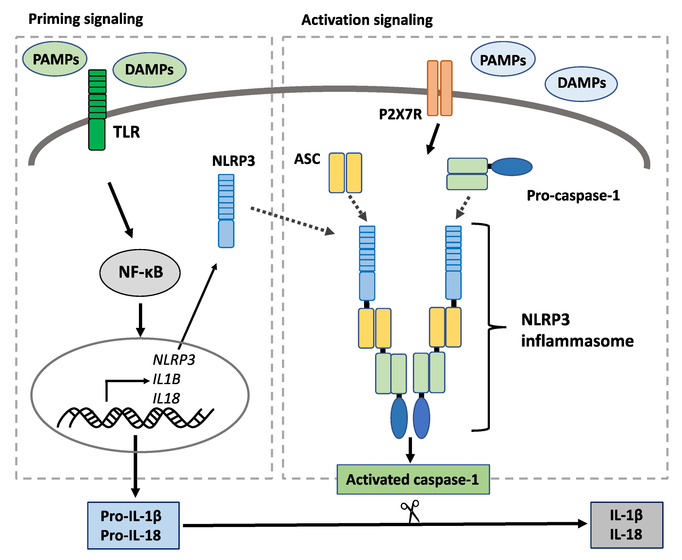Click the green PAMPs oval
[x=55, y=59]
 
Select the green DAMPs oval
[x=149, y=70]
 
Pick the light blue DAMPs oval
[x=581, y=84]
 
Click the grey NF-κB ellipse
[x=140, y=273]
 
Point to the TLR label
[x=126, y=132]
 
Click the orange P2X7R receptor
[x=440, y=88]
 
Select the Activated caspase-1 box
[x=413, y=479]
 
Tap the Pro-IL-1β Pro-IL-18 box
[x=133, y=525]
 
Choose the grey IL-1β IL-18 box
[x=626, y=525]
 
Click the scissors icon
[x=410, y=511]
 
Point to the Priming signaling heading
[x=86, y=19]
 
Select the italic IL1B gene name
[x=166, y=379]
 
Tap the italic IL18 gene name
[x=166, y=399]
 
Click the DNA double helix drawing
[x=135, y=418]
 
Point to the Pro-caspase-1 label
[x=573, y=195]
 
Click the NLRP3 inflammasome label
[x=577, y=330]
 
